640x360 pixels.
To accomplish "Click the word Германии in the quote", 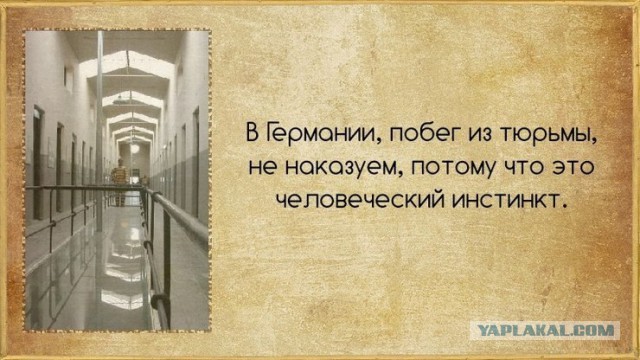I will [311, 132].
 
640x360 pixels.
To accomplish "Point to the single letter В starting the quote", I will [252, 132].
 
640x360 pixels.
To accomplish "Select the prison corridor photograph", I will [116, 180].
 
